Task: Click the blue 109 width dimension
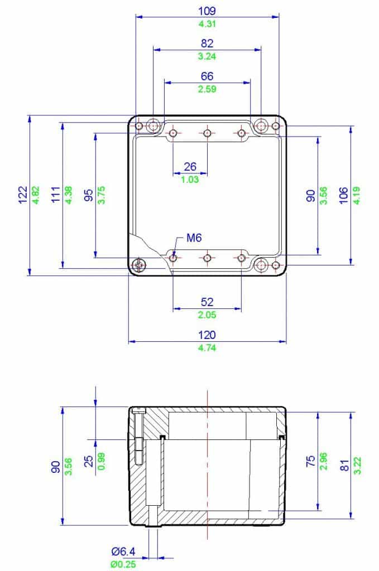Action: pos(207,11)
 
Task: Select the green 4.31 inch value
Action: pos(207,23)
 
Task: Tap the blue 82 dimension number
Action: pos(207,43)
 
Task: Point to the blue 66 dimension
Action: pos(207,76)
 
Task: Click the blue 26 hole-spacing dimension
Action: pos(190,166)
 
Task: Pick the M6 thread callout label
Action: pos(194,238)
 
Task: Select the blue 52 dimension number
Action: pos(207,302)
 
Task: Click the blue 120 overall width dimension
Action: pos(207,335)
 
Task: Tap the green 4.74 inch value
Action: pos(207,348)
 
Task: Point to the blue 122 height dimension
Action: pos(23,195)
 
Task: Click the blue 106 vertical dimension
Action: pos(344,195)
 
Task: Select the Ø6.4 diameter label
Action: pos(123,552)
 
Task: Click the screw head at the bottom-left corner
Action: pos(139,265)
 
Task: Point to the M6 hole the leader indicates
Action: pos(173,258)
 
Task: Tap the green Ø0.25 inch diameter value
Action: pos(123,564)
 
